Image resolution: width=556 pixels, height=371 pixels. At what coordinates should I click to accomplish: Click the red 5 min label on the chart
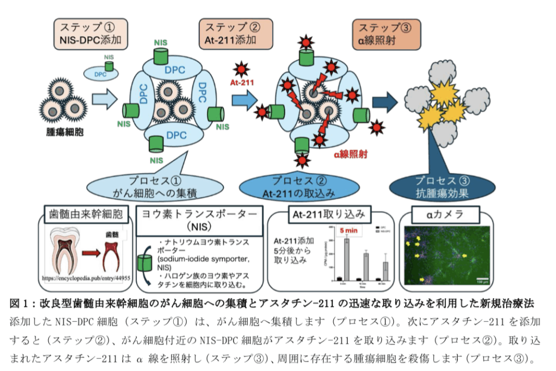pyautogui.click(x=349, y=230)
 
